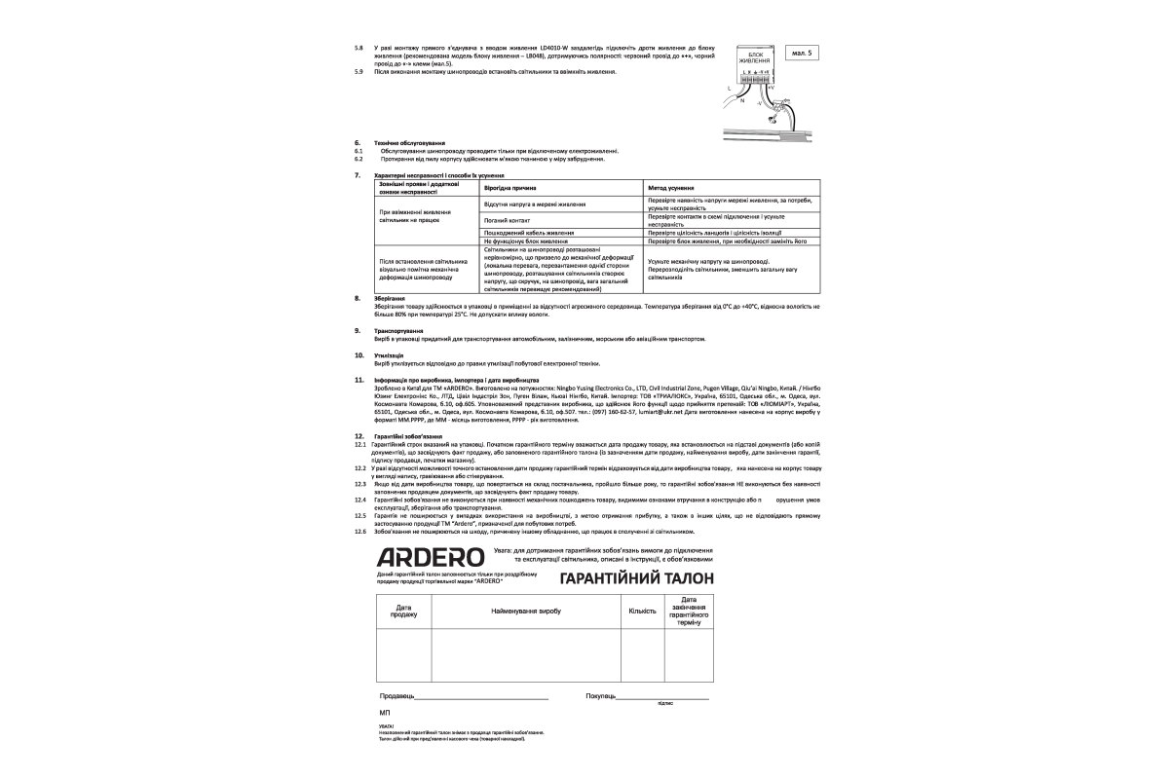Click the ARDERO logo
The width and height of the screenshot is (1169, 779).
(x=431, y=558)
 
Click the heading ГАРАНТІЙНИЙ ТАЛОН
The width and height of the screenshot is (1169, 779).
(x=636, y=578)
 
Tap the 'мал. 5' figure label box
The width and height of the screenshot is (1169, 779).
(x=801, y=52)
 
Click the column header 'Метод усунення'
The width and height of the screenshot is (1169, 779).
(x=671, y=186)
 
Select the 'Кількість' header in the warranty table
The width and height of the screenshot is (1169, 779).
(x=643, y=611)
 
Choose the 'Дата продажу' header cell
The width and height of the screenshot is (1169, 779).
(x=403, y=611)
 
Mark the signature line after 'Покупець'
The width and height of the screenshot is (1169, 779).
(x=662, y=699)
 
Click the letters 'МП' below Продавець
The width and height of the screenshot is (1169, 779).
(x=385, y=714)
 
